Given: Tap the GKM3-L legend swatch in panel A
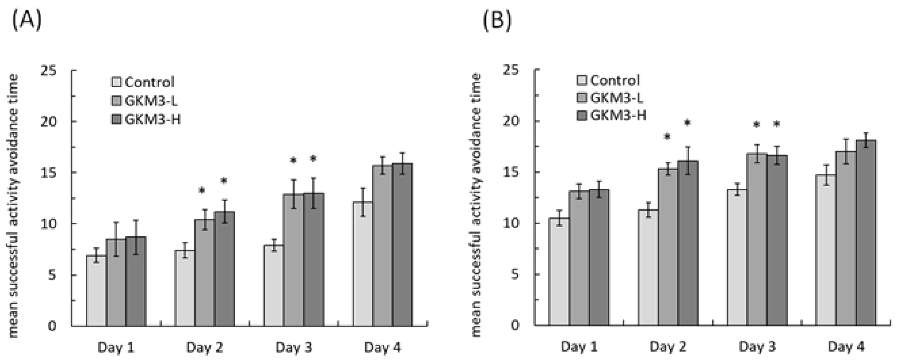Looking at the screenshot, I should (116, 101).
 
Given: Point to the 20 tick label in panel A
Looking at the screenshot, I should (49, 122).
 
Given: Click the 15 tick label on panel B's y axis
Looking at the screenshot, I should (511, 172).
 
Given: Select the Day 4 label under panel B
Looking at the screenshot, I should (845, 347).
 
